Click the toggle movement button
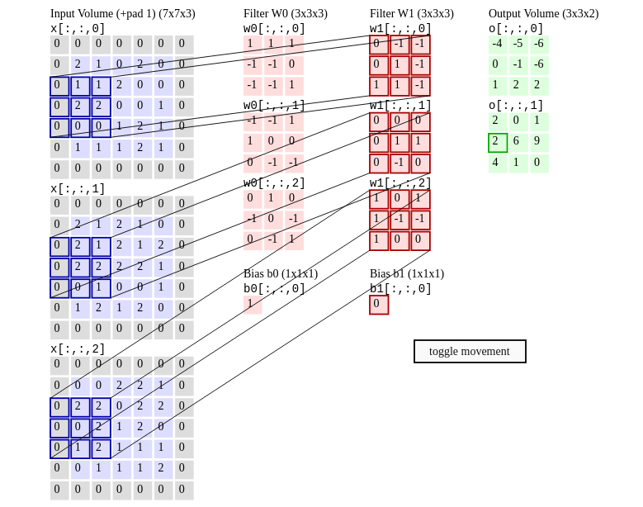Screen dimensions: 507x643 tap(470, 351)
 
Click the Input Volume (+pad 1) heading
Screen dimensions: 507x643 tap(122, 13)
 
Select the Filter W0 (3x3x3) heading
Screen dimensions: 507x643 tap(285, 13)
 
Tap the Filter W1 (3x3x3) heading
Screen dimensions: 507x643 tap(411, 13)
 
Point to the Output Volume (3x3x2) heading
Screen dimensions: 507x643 tap(543, 13)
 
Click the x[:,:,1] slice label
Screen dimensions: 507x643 tap(78, 189)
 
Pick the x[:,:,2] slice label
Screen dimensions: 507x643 tap(78, 349)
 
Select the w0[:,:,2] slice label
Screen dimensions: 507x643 tap(274, 183)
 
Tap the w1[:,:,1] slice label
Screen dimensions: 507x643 tap(400, 106)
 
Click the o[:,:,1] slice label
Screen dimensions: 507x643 tap(516, 106)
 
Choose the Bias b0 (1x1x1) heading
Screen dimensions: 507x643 tap(280, 273)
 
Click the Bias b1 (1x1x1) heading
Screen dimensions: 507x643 tap(406, 273)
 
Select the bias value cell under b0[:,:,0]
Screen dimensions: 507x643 tap(252, 305)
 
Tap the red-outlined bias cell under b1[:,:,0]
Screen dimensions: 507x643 tap(378, 305)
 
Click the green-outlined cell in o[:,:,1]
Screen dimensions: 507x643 tap(497, 142)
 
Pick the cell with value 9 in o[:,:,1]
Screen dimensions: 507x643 tap(538, 142)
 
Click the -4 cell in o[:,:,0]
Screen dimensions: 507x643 tap(497, 45)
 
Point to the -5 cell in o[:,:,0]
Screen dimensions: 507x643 tap(518, 45)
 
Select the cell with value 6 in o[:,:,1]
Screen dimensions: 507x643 tap(518, 142)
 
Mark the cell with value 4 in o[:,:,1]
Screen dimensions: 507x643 tap(497, 163)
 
